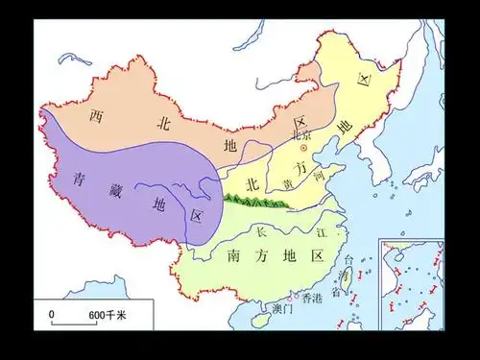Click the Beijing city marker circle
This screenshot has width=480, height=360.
coord(303,149)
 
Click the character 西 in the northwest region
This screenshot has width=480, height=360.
coord(96,117)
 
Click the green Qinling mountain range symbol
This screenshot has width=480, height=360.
coord(256,202)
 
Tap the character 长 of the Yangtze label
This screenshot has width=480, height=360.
coord(264,232)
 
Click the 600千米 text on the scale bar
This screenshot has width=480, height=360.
coord(108,316)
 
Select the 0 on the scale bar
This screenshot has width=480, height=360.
coord(53,316)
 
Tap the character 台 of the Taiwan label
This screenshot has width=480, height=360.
coord(348,259)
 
